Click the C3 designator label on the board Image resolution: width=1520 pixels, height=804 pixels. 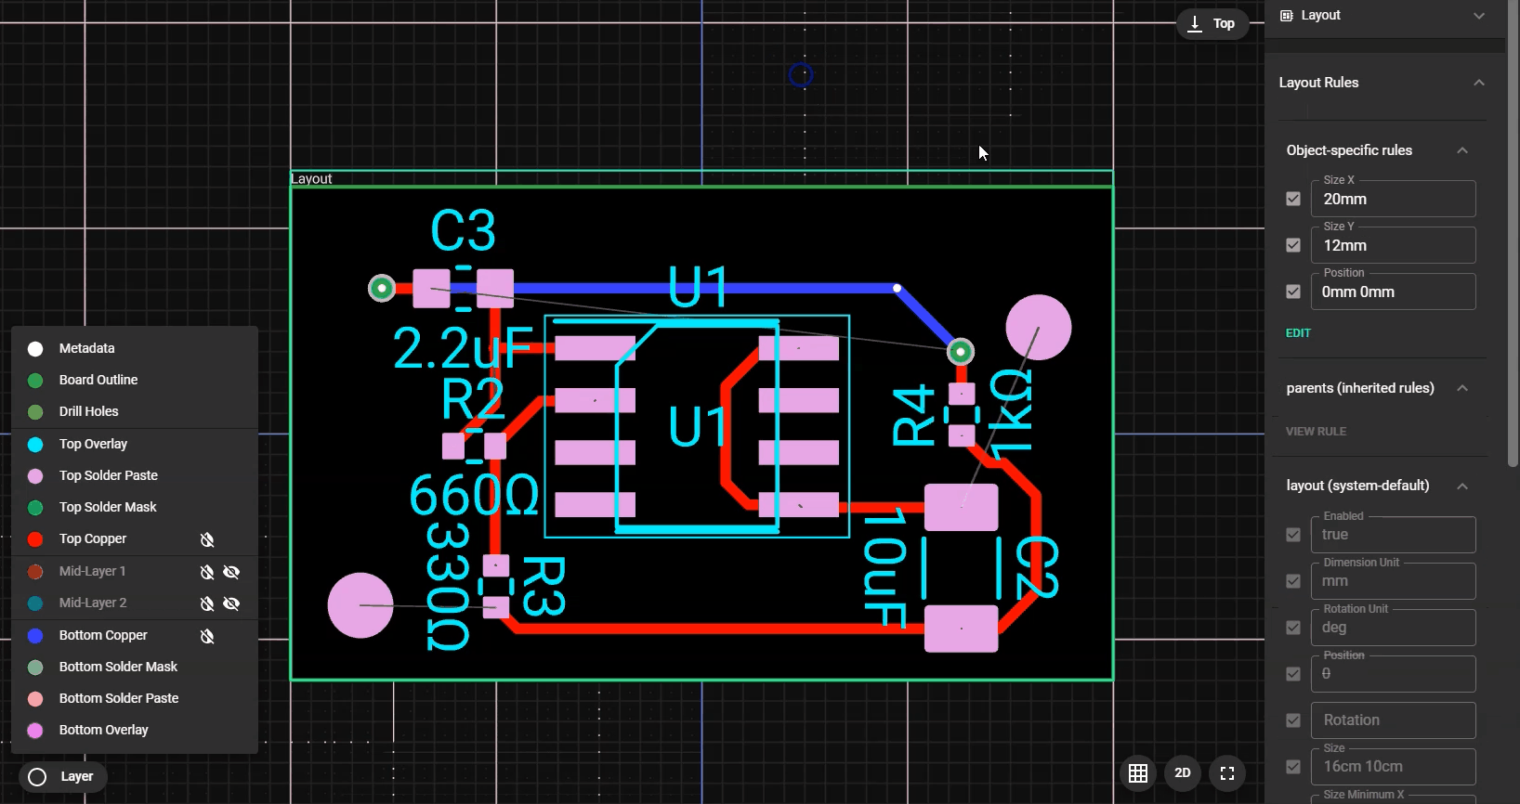[463, 230]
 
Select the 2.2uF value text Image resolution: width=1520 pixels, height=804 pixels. [462, 348]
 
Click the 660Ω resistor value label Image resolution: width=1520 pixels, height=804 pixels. [474, 495]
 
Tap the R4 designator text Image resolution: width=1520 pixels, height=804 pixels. [913, 415]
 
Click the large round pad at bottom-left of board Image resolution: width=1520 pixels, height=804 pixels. [360, 605]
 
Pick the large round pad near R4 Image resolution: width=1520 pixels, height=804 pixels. [1038, 328]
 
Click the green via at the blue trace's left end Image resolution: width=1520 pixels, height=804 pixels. [382, 289]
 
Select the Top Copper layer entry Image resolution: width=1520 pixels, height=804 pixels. [93, 538]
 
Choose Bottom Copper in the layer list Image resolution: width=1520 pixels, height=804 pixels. [103, 635]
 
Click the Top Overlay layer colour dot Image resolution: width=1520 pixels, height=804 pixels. [35, 445]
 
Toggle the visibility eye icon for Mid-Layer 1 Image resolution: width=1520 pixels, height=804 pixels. [231, 572]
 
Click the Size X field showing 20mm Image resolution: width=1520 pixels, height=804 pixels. [1392, 200]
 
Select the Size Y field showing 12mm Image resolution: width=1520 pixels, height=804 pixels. [1392, 246]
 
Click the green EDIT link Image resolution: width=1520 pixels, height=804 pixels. [1298, 333]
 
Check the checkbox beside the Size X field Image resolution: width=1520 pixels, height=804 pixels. [1293, 199]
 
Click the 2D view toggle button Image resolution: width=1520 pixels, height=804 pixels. [1182, 773]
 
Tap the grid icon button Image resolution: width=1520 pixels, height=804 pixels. [1138, 773]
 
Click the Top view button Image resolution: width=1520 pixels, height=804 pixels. [1212, 24]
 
